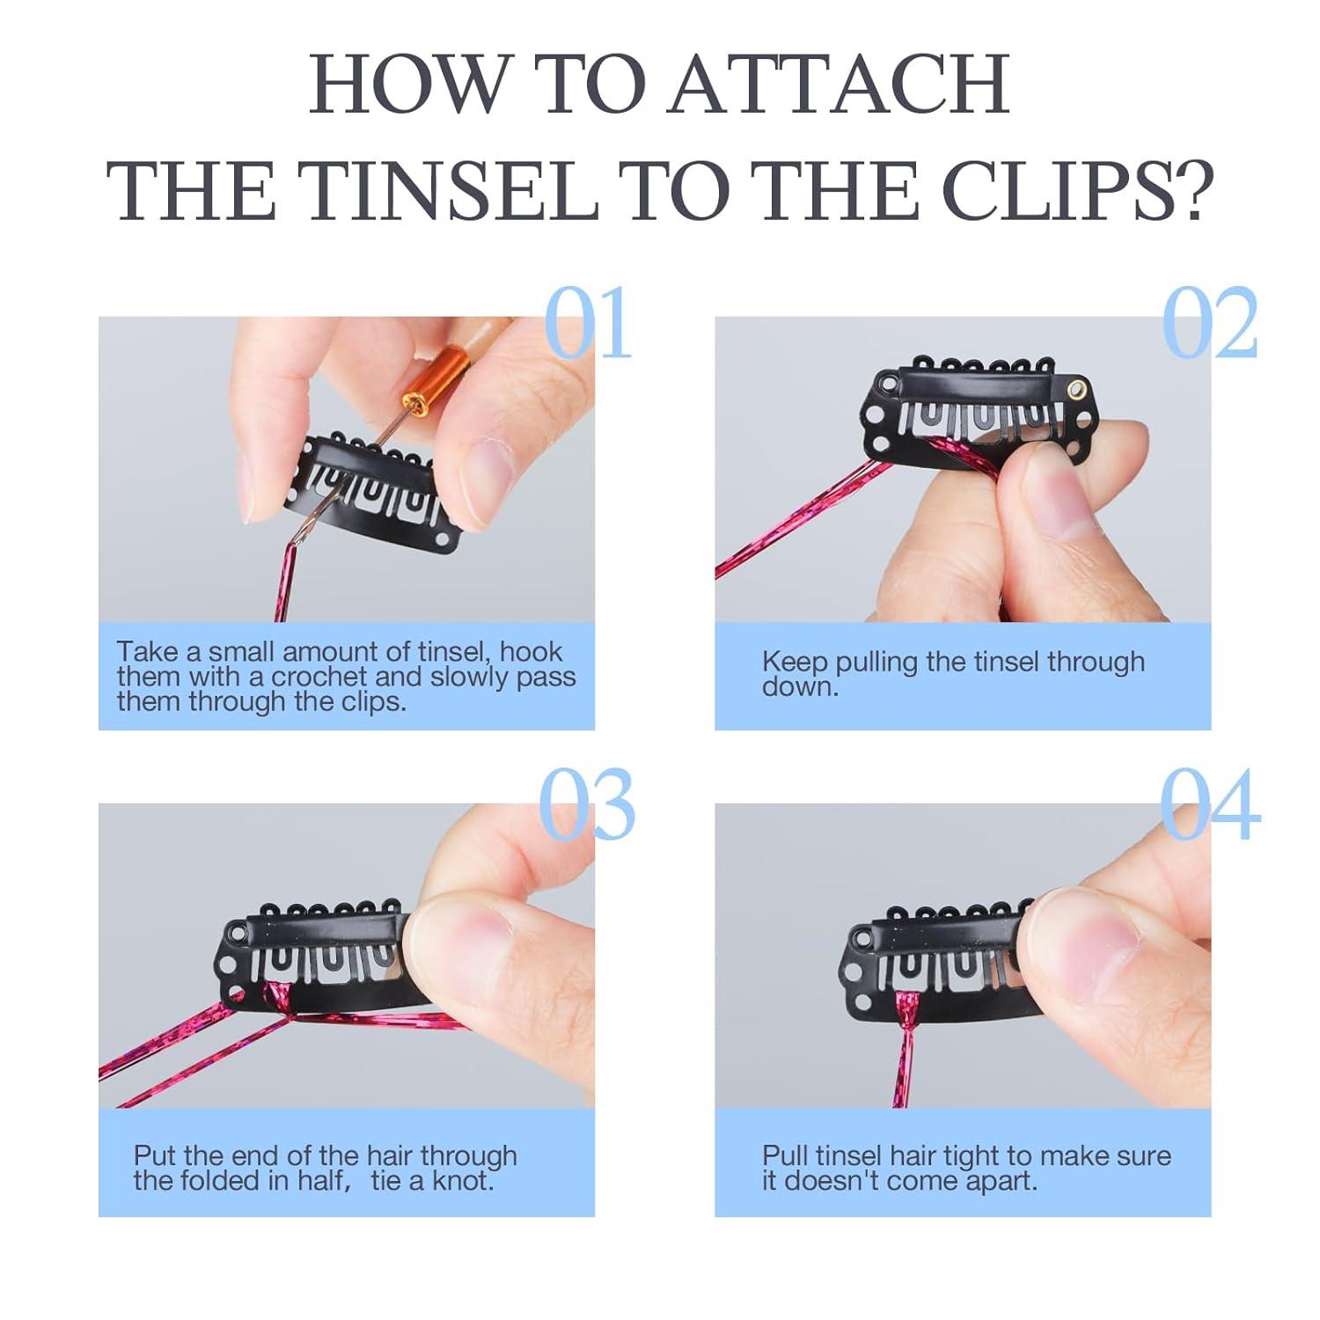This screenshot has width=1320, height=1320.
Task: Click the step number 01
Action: pyautogui.click(x=588, y=322)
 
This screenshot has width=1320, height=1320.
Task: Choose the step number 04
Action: pyautogui.click(x=1209, y=805)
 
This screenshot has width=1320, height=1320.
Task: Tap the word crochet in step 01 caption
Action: pyautogui.click(x=318, y=677)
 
